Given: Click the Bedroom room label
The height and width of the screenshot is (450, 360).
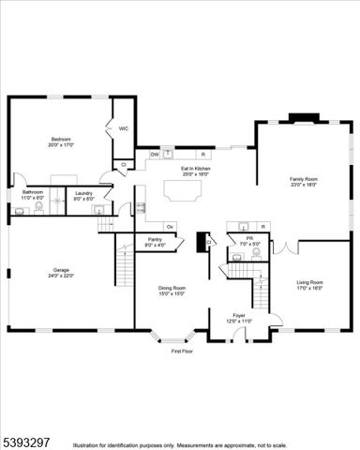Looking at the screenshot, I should (62, 139).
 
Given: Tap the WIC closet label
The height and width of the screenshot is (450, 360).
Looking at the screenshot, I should (123, 128).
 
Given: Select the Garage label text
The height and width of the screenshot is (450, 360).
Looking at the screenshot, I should (61, 271).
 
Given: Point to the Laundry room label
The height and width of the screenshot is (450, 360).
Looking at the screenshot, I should (83, 192).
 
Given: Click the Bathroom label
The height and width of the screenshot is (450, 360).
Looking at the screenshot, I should (33, 192).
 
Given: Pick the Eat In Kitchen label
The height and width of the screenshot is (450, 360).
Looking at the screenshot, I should (196, 169).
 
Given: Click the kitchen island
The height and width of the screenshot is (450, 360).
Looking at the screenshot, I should (183, 190).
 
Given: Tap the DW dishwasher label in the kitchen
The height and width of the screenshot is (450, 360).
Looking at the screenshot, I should (155, 154).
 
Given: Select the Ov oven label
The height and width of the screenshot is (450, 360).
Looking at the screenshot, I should (170, 226).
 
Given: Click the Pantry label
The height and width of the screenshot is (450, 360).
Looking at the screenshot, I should (156, 240).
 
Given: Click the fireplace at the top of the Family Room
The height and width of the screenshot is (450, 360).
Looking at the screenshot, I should (303, 118).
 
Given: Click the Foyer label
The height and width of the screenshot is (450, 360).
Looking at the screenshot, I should (238, 316).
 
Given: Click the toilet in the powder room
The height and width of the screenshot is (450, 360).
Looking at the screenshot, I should (256, 252).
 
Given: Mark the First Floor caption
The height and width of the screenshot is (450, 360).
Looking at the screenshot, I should (181, 352).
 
